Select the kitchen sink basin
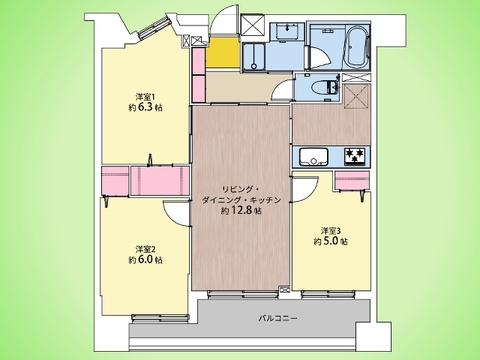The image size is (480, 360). click(313, 156)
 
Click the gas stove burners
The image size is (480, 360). click(355, 156)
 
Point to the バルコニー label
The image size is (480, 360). click(278, 318)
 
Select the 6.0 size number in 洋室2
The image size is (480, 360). click(145, 260)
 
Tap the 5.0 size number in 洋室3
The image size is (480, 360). click(330, 241)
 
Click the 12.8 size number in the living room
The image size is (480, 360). click(242, 211)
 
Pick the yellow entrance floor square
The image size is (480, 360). click(223, 52)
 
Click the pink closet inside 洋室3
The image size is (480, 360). click(352, 180)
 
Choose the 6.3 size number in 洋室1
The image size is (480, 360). click(145, 108)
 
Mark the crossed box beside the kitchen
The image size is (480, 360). click(356, 96)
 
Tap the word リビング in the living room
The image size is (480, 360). click(237, 190)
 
